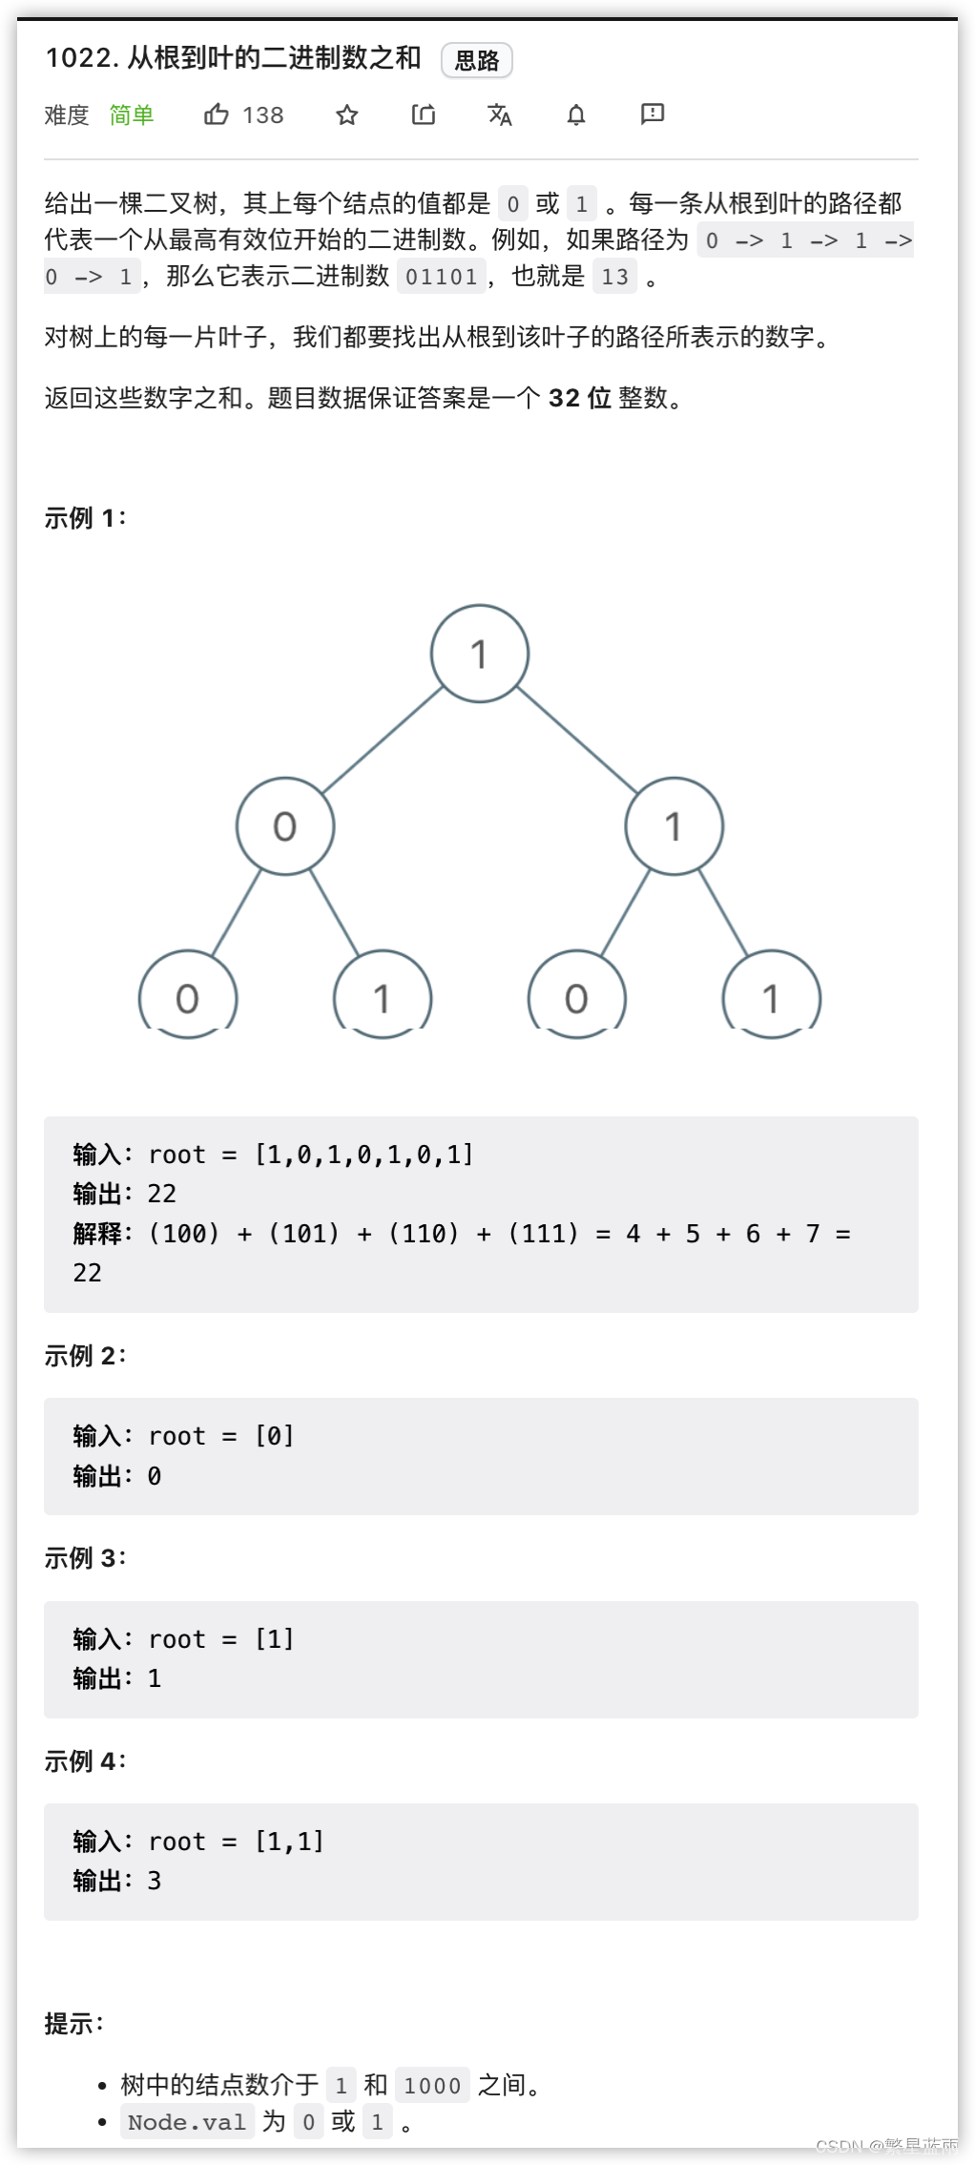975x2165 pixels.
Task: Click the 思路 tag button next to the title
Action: pos(477,60)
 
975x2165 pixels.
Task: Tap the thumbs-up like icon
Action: pos(217,114)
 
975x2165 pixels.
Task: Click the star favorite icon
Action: pos(347,115)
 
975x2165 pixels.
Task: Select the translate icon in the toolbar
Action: pos(500,115)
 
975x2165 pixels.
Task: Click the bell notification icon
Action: pos(576,115)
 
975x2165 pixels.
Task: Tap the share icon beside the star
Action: pos(424,115)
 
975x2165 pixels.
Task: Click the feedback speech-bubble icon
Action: pos(653,114)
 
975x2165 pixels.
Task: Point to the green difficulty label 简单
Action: pos(132,115)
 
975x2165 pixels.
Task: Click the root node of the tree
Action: pos(480,654)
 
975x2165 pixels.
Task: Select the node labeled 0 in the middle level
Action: pos(285,826)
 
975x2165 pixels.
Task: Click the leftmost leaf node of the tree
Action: pos(188,996)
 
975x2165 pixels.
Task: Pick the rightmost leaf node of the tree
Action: pos(772,996)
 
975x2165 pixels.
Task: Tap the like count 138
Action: pos(263,115)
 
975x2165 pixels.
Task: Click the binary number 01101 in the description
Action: pos(442,277)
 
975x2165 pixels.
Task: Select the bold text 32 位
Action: pos(580,398)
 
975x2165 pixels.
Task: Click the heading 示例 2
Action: pos(85,1355)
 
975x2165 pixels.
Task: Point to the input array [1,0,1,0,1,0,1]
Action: pos(363,1155)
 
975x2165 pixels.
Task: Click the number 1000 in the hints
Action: pos(432,2086)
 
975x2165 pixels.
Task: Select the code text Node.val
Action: pos(187,2122)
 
